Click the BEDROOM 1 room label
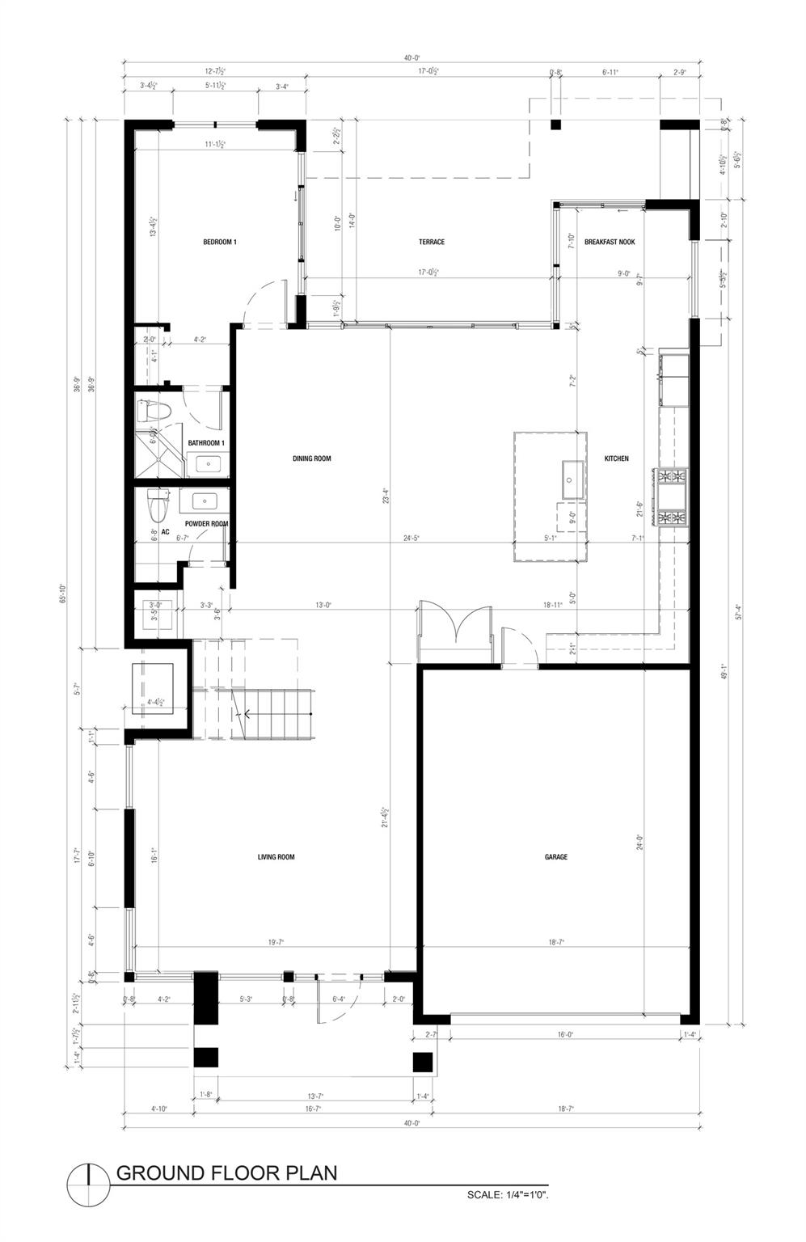pos(219,242)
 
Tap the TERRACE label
pos(431,242)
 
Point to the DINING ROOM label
pos(311,458)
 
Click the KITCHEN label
pos(616,458)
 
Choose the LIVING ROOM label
pos(276,857)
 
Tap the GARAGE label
pos(555,857)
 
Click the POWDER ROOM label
pos(206,524)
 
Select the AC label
pos(165,532)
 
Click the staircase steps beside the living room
pos(275,713)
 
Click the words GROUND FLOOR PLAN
pos(227,1172)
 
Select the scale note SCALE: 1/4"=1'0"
pos(508,1194)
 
